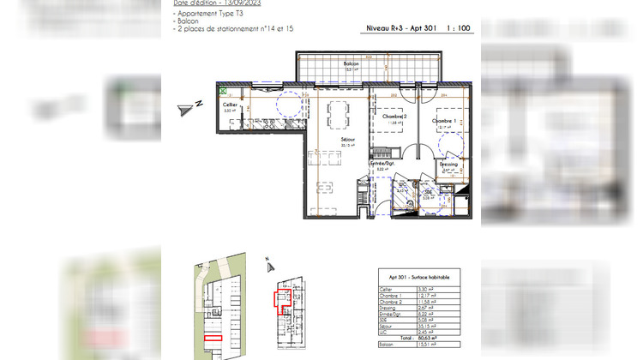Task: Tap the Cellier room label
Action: pyautogui.click(x=230, y=104)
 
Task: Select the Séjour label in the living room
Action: pyautogui.click(x=348, y=139)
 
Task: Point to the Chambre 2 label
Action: pyautogui.click(x=394, y=117)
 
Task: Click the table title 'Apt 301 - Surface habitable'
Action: pyautogui.click(x=418, y=278)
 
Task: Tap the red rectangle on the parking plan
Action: pyautogui.click(x=213, y=338)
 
